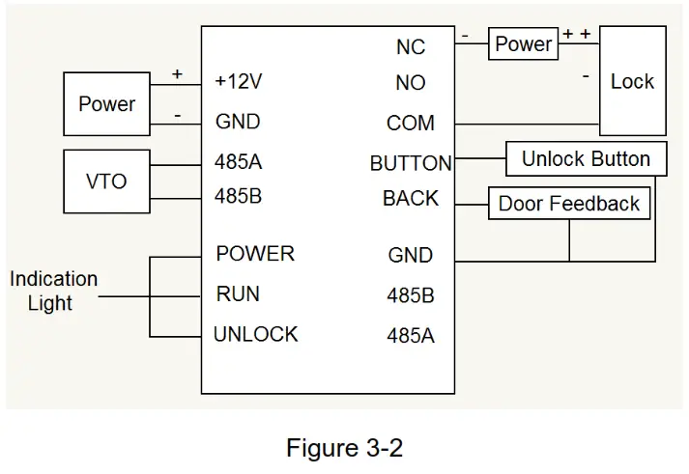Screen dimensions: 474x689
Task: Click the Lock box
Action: pos(632,83)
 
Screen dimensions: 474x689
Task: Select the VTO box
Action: pos(106,181)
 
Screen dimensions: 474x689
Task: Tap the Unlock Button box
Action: pos(586,159)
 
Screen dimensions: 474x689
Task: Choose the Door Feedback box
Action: pos(568,204)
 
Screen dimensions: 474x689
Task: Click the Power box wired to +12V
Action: pos(106,104)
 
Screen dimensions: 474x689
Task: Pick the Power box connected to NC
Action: pos(523,44)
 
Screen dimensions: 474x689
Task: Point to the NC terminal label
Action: pos(410,47)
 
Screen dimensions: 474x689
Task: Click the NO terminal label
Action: pos(410,84)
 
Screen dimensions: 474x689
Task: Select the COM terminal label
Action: pos(410,124)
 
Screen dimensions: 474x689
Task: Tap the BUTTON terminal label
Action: pos(410,163)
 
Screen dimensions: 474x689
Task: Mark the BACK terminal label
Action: pos(410,199)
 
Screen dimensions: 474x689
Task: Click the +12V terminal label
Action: pos(238,83)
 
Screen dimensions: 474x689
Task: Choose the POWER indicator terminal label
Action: pos(255,254)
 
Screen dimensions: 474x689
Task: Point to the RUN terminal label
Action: pos(238,294)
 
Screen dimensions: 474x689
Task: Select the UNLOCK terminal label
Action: pos(255,335)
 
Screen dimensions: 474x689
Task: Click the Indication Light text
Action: pos(53,291)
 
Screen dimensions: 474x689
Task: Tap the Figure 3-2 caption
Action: pos(344,448)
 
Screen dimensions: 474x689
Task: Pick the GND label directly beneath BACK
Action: pos(410,256)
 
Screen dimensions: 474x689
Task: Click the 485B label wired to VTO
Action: pos(238,197)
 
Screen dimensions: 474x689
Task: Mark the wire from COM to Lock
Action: pos(527,124)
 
